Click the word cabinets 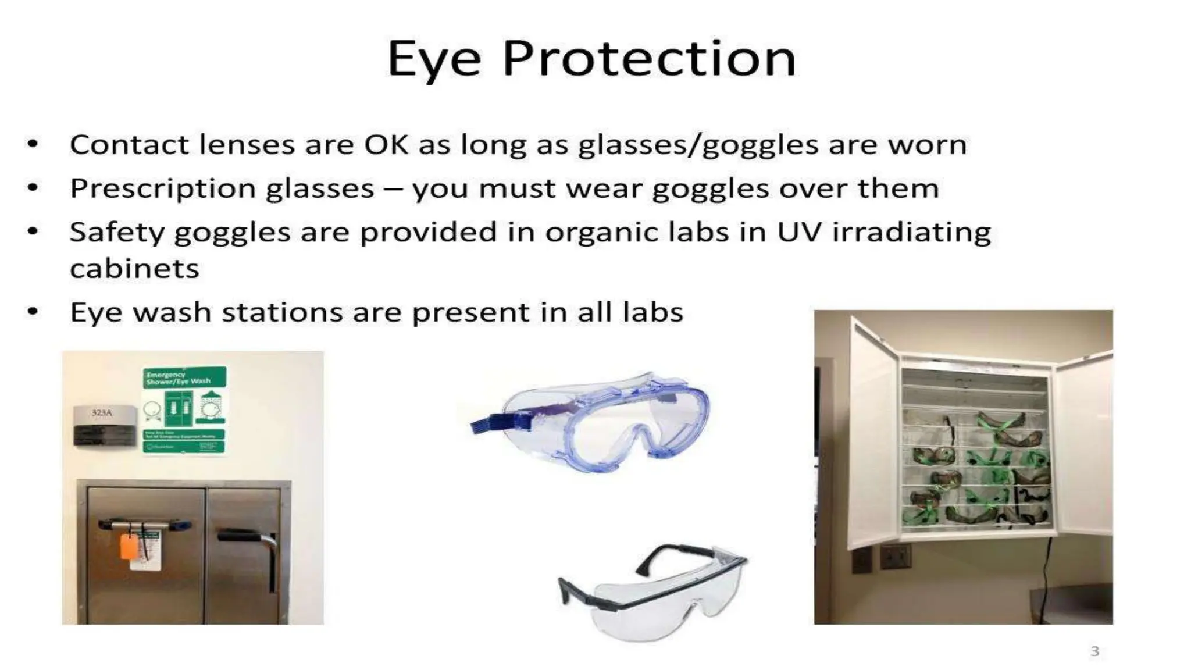[134, 269]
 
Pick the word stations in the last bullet [282, 312]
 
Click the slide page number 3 [1094, 651]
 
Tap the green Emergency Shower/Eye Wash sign [184, 410]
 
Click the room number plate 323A [103, 413]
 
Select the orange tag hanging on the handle [129, 547]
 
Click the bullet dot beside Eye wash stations [33, 312]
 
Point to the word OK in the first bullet [386, 145]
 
